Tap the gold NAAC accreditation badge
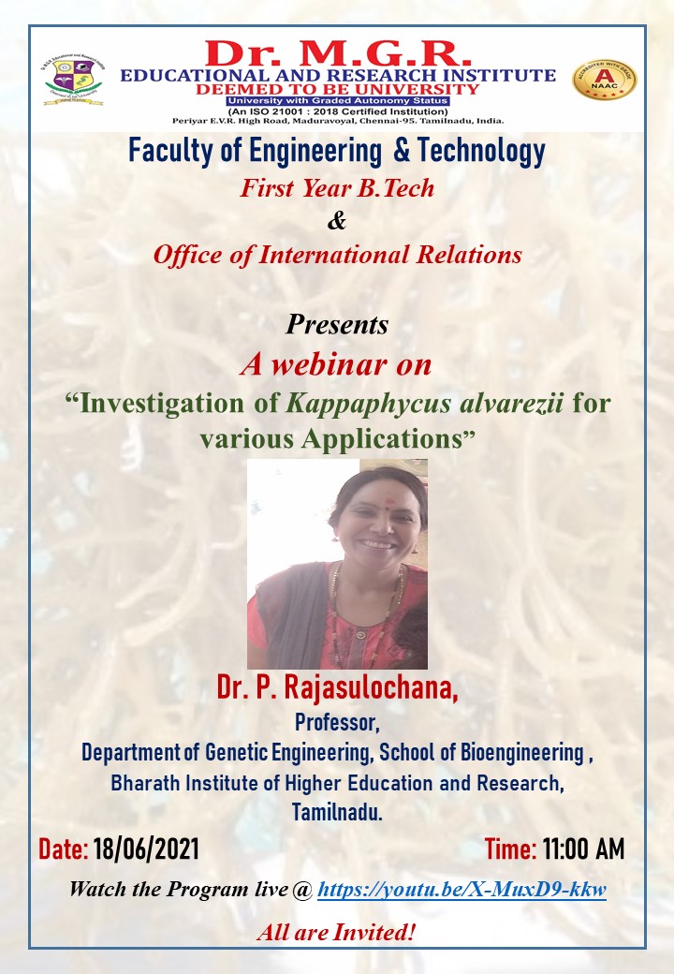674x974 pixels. [x=604, y=80]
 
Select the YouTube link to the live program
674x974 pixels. [x=462, y=889]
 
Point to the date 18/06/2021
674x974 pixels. [x=146, y=850]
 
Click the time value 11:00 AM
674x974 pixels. [x=583, y=850]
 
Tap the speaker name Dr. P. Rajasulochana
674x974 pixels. [x=337, y=691]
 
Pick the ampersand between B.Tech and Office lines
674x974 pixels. [x=337, y=221]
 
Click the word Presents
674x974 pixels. [x=337, y=325]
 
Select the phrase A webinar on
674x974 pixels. [x=336, y=364]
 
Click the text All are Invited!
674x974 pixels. [x=337, y=932]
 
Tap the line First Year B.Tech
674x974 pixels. [x=337, y=187]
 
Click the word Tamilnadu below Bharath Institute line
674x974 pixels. [x=337, y=813]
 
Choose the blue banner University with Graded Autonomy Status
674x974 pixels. [x=338, y=100]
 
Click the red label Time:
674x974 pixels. [x=510, y=850]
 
